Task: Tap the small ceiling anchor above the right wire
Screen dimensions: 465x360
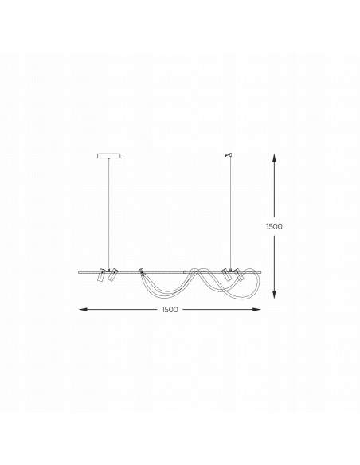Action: [229, 155]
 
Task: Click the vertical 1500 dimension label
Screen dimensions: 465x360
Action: [274, 226]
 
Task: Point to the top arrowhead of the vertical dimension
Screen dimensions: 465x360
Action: [275, 158]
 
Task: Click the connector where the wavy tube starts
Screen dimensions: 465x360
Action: [141, 271]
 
